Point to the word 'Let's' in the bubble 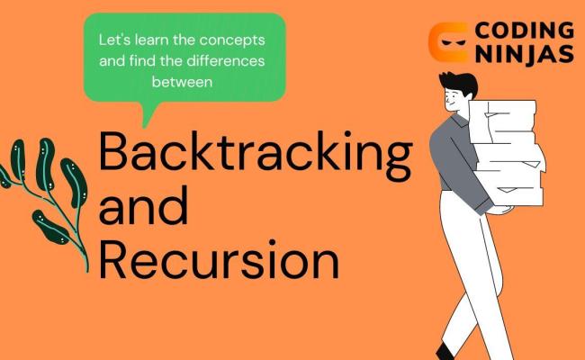[x=115, y=41]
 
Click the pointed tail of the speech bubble [x=147, y=114]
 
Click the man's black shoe [x=445, y=351]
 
